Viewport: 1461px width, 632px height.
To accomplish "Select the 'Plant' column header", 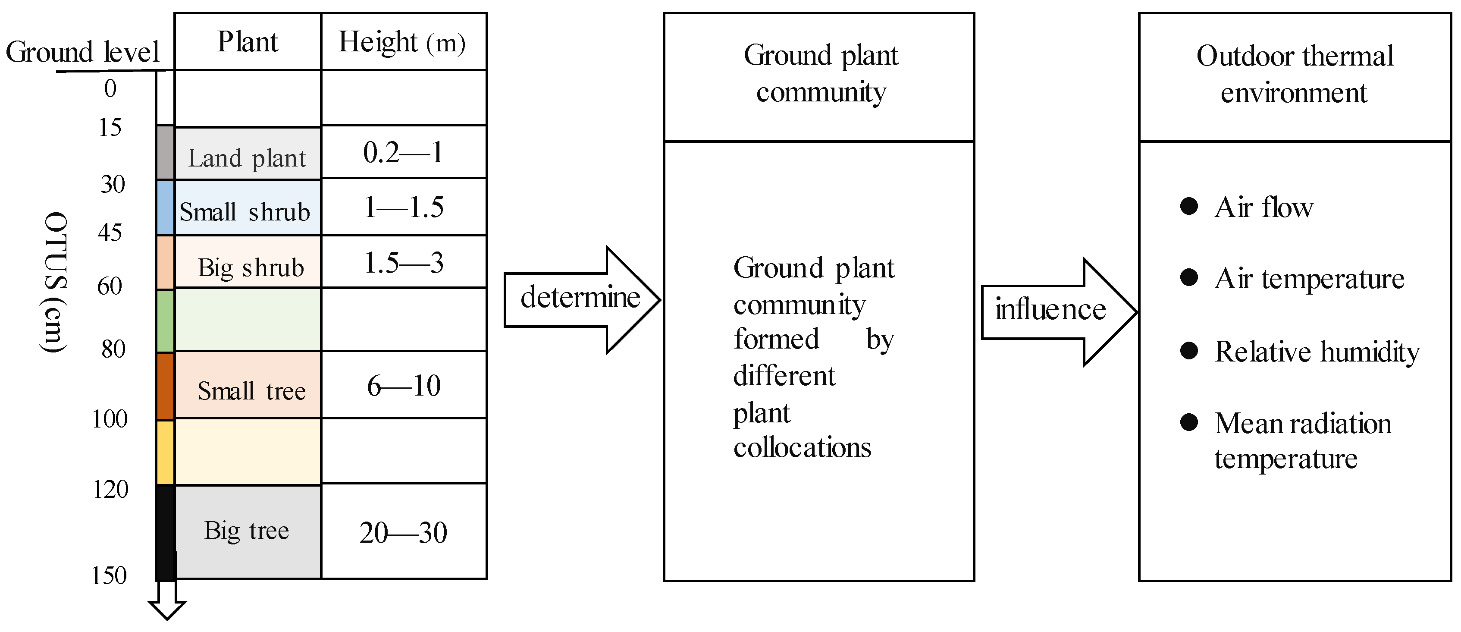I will point(248,42).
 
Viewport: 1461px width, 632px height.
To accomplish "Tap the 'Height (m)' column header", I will point(403,42).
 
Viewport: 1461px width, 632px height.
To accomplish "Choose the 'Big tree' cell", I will point(247,531).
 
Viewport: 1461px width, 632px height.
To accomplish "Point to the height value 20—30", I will point(403,532).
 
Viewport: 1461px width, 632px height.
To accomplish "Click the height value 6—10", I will point(403,386).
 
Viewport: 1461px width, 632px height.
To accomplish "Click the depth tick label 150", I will point(109,575).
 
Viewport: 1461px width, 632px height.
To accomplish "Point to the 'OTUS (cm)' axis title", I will point(55,282).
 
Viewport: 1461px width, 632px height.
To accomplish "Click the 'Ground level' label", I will point(82,52).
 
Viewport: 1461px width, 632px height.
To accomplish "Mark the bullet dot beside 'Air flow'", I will point(1189,206).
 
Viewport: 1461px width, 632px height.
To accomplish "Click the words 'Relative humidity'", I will point(1317,351).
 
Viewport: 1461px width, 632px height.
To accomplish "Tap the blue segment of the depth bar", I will point(165,208).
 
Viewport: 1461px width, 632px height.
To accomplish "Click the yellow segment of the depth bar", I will point(165,452).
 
